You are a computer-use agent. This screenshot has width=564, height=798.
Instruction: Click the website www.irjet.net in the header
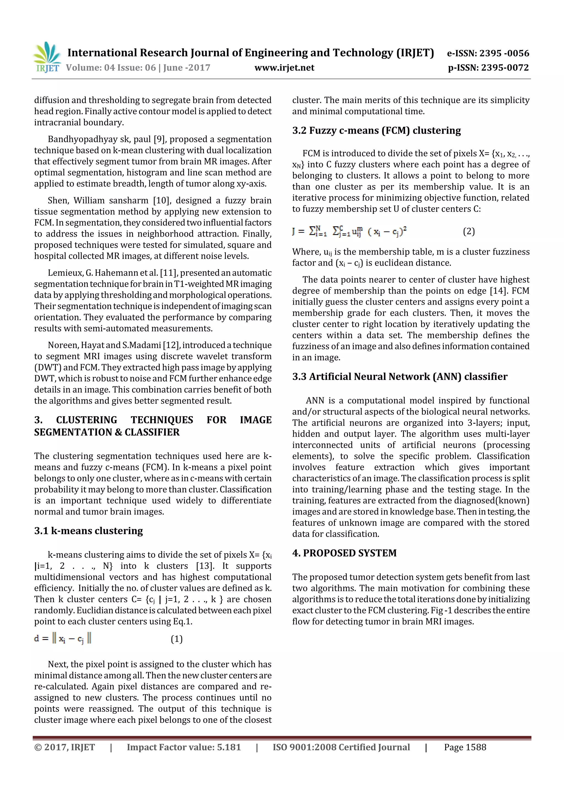pyautogui.click(x=284, y=68)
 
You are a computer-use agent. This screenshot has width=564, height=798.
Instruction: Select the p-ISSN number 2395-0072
pyautogui.click(x=505, y=68)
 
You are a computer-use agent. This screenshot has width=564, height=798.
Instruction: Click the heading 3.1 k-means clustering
pyautogui.click(x=88, y=531)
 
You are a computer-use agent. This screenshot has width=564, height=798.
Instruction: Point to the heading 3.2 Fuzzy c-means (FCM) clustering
pyautogui.click(x=376, y=130)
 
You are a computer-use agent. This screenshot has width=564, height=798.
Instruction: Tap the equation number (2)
pyautogui.click(x=468, y=231)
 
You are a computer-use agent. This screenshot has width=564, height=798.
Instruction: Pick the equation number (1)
pyautogui.click(x=177, y=639)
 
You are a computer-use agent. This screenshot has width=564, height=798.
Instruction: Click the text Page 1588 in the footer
pyautogui.click(x=465, y=747)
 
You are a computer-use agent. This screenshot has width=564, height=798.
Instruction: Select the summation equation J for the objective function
pyautogui.click(x=349, y=231)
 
